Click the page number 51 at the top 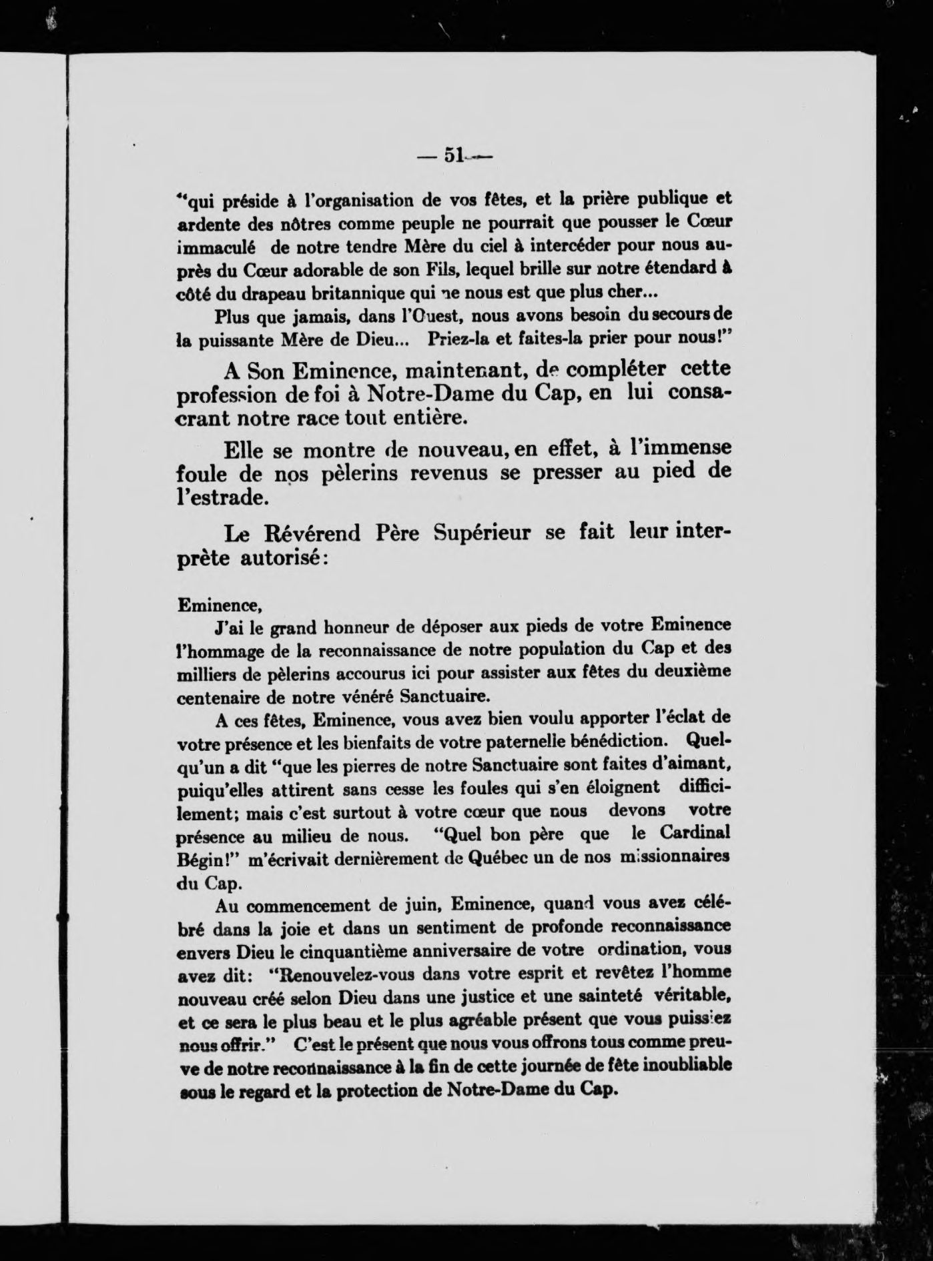(x=453, y=155)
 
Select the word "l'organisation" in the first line (x=349, y=199)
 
